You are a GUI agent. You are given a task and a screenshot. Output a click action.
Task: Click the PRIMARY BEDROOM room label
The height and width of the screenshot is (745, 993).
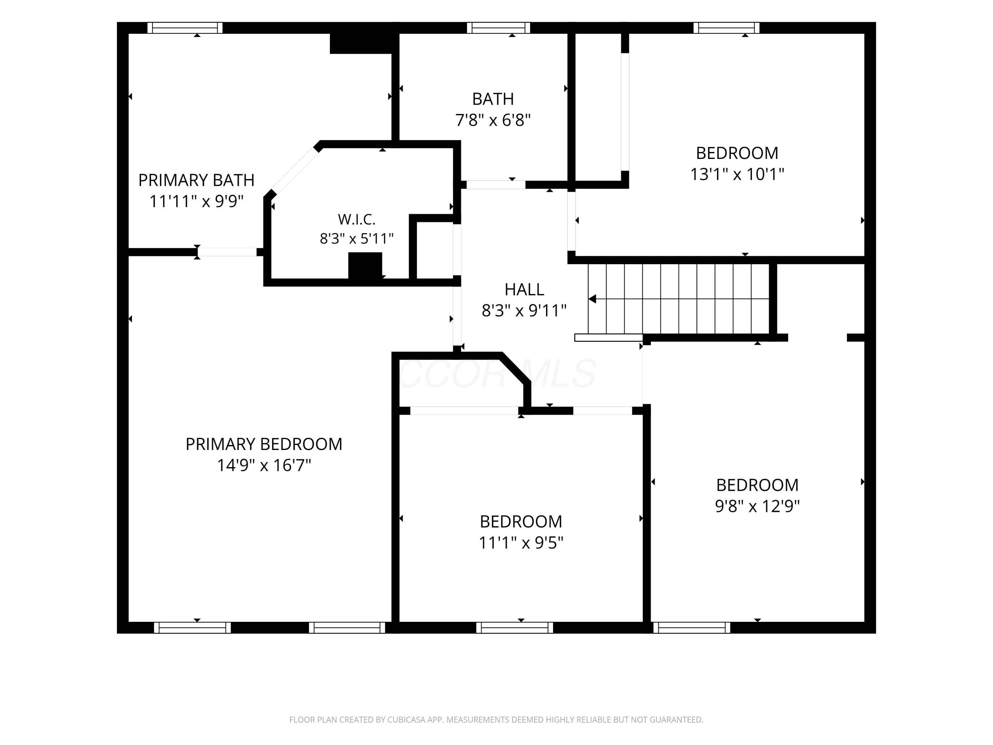pyautogui.click(x=264, y=444)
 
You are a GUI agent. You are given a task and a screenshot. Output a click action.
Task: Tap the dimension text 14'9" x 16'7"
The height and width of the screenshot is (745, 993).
pyautogui.click(x=264, y=465)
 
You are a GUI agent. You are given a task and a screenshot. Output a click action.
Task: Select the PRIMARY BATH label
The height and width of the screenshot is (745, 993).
pyautogui.click(x=196, y=180)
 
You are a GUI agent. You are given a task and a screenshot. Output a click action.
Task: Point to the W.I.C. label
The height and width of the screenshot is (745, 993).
pyautogui.click(x=356, y=220)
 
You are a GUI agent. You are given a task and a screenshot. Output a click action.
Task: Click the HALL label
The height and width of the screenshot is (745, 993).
pyautogui.click(x=524, y=290)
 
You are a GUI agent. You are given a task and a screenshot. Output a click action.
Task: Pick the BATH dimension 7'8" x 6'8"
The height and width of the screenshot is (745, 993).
pyautogui.click(x=493, y=120)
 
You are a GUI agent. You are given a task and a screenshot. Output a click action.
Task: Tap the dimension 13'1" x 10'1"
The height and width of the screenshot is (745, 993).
pyautogui.click(x=737, y=174)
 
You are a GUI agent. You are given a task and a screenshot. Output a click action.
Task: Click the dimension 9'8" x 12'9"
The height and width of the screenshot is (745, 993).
pyautogui.click(x=757, y=506)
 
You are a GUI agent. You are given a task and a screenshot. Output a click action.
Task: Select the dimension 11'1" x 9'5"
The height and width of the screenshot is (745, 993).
pyautogui.click(x=521, y=543)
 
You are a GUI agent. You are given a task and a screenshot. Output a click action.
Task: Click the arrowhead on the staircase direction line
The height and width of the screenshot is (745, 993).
pyautogui.click(x=592, y=299)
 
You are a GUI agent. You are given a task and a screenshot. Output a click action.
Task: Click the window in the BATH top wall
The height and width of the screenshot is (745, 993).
pyautogui.click(x=498, y=28)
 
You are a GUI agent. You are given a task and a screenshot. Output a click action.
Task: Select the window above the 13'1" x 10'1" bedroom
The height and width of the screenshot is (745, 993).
pyautogui.click(x=726, y=28)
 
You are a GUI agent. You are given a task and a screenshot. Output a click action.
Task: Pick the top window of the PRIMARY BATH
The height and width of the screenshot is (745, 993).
pyautogui.click(x=185, y=28)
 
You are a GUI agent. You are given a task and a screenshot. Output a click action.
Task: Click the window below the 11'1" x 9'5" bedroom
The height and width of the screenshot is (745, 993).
pyautogui.click(x=514, y=627)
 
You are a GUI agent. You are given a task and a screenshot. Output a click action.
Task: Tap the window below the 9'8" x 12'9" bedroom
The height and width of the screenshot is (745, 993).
pyautogui.click(x=692, y=627)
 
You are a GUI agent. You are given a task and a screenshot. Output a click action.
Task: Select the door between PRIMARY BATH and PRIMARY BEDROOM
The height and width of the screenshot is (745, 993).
pyautogui.click(x=227, y=252)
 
